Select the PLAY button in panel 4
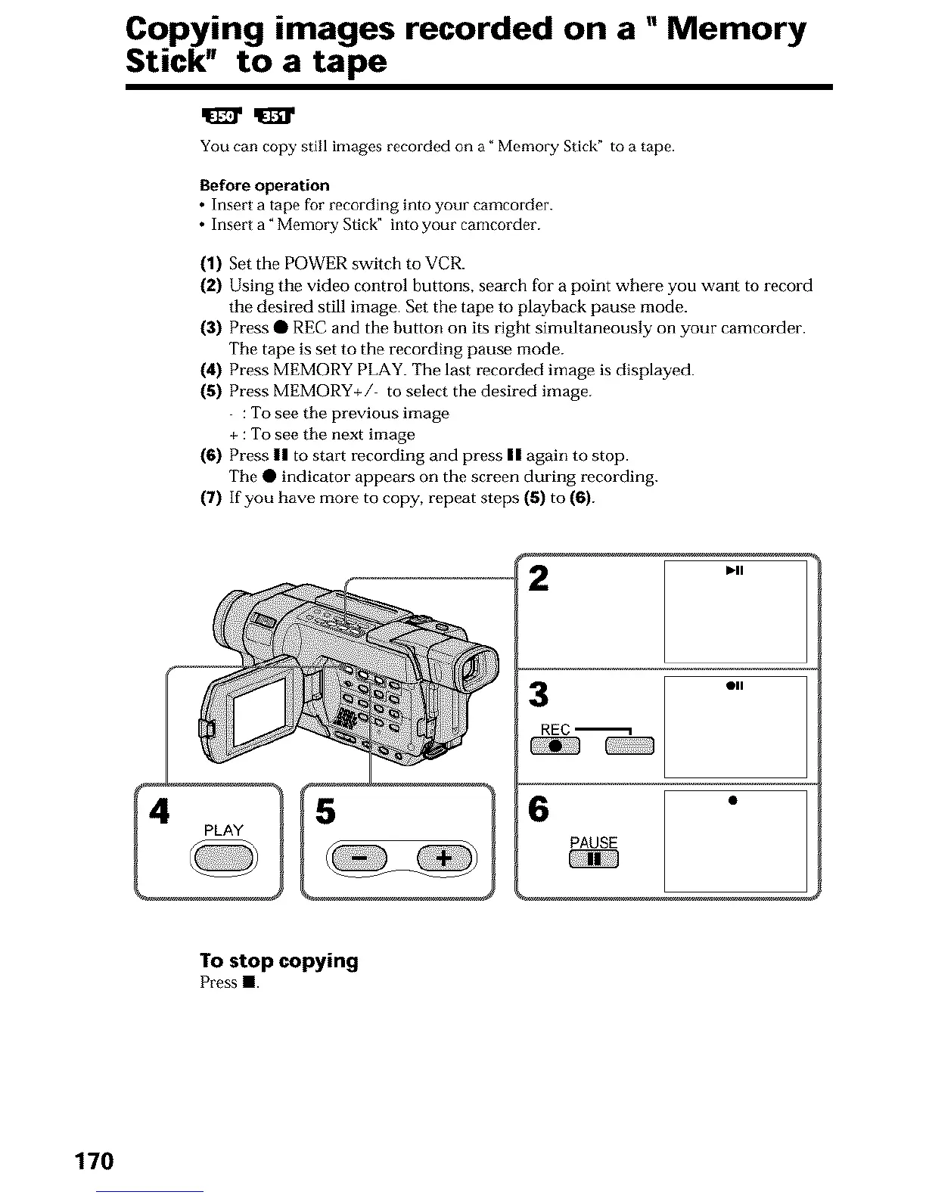pos(224,858)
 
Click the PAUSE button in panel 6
pos(595,859)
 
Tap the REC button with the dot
pos(555,747)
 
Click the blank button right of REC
pos(629,747)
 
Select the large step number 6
pos(539,809)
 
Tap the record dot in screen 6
pos(732,800)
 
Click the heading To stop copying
pos(278,961)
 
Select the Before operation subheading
pos(265,185)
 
